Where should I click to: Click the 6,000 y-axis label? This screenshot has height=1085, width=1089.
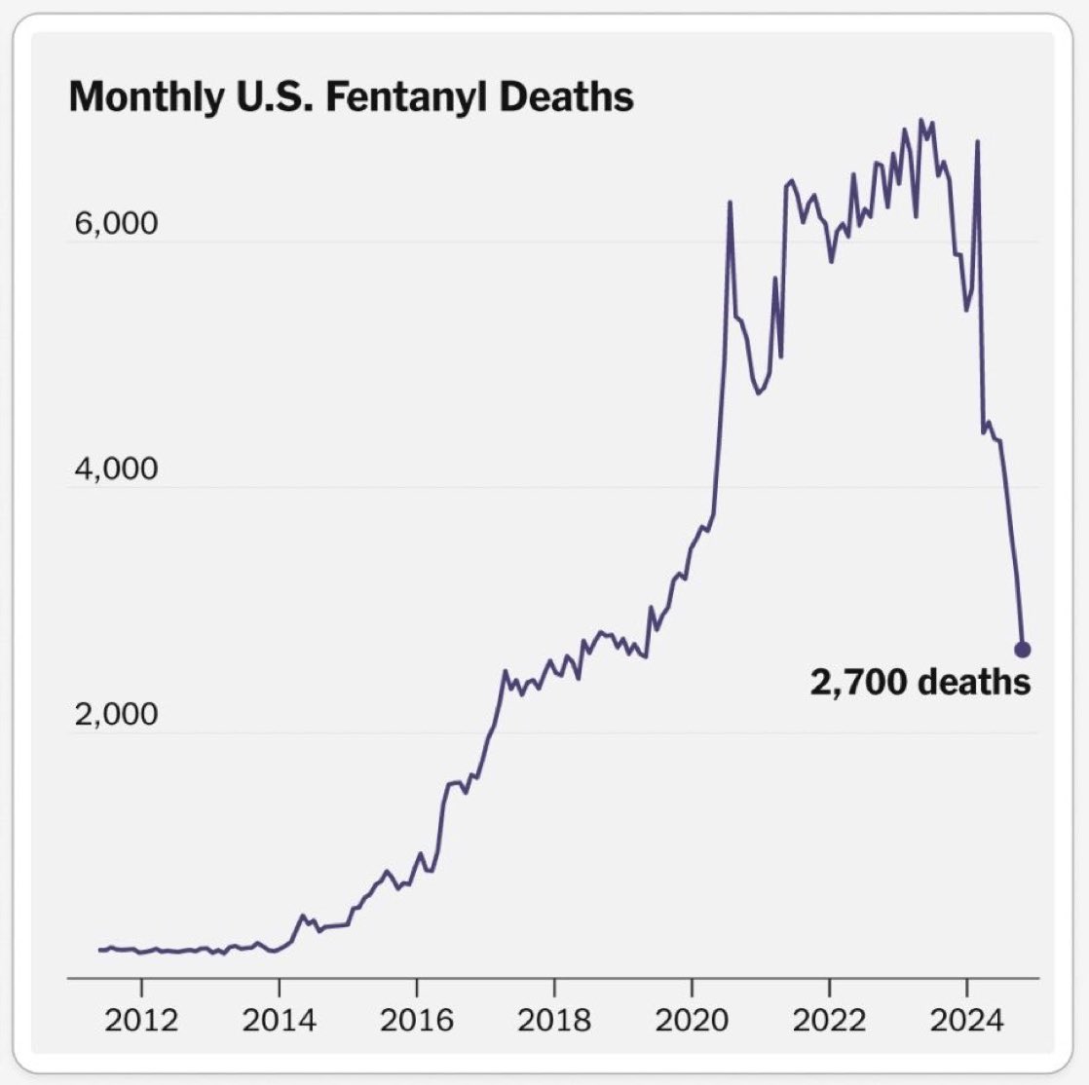pyautogui.click(x=115, y=224)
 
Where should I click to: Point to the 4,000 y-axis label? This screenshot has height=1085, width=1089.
pyautogui.click(x=115, y=469)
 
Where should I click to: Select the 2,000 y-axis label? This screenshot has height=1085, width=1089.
pyautogui.click(x=115, y=715)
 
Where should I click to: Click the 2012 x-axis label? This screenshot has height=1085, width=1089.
pyautogui.click(x=142, y=1020)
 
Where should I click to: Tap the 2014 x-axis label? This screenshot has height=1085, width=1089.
pyautogui.click(x=280, y=1020)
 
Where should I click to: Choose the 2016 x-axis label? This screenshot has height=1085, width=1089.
pyautogui.click(x=417, y=1020)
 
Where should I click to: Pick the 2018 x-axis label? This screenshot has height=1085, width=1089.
pyautogui.click(x=554, y=1020)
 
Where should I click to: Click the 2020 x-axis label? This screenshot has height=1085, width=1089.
pyautogui.click(x=692, y=1020)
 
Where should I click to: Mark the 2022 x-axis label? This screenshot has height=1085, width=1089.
pyautogui.click(x=829, y=1020)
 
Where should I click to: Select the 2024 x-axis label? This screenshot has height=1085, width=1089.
pyautogui.click(x=966, y=1020)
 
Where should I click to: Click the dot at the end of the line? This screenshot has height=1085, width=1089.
pyautogui.click(x=1022, y=650)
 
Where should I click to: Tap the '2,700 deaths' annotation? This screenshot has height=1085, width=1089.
pyautogui.click(x=920, y=682)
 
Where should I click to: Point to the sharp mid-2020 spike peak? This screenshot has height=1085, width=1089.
pyautogui.click(x=730, y=203)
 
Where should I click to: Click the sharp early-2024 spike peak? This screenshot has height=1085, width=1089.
pyautogui.click(x=977, y=142)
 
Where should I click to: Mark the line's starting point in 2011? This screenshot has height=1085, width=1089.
pyautogui.click(x=99, y=950)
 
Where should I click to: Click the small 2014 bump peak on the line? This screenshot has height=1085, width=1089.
pyautogui.click(x=303, y=916)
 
